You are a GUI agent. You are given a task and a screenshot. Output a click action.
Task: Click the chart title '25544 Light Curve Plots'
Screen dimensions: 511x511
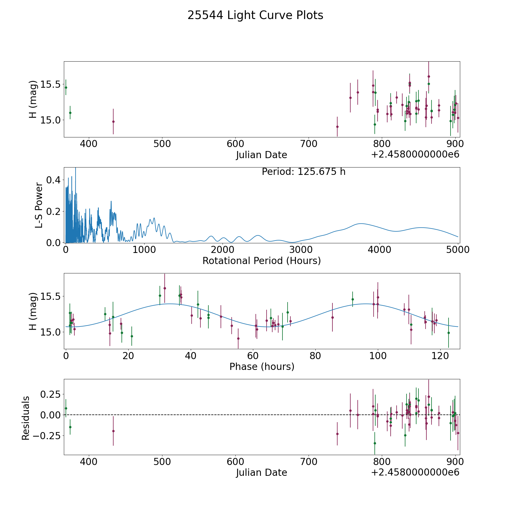(255, 15)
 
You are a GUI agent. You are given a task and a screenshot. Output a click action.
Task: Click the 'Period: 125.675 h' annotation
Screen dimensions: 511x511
(303, 172)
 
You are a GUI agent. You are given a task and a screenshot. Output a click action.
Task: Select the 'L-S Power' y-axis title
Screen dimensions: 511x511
(39, 205)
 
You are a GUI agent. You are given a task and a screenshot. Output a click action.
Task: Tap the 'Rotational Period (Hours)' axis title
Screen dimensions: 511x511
(261, 261)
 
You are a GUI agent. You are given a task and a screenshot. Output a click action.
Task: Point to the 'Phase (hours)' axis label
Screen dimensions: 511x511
(262, 367)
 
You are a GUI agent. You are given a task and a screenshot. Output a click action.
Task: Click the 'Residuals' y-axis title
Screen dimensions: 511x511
(26, 418)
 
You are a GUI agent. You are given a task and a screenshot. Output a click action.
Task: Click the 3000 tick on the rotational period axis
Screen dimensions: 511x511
(301, 250)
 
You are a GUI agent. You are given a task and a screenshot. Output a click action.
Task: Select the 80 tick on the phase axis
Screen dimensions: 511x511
(315, 356)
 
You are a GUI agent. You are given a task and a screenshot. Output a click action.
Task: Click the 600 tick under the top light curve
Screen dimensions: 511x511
(235, 144)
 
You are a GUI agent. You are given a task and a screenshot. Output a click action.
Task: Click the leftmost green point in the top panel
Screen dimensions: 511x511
(66, 87)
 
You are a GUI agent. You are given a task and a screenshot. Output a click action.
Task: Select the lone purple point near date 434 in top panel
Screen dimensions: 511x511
(113, 122)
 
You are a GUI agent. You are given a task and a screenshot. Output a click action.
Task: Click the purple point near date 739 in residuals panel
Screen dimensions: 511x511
(337, 434)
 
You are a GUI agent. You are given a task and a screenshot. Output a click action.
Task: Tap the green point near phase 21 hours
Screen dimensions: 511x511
(132, 336)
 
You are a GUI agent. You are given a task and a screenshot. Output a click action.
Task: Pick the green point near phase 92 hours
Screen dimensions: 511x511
(353, 299)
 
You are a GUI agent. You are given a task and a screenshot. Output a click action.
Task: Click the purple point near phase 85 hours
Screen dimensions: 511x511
(332, 317)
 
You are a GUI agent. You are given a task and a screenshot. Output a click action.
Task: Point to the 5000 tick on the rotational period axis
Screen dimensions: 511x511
(458, 250)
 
